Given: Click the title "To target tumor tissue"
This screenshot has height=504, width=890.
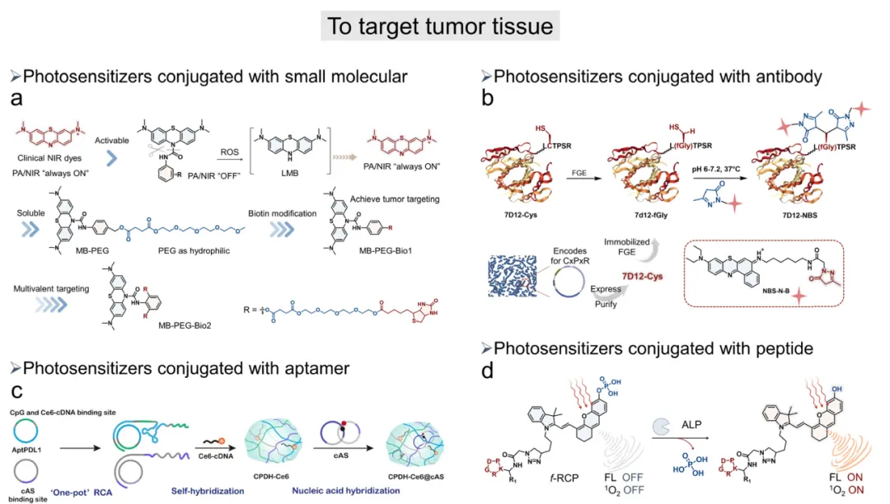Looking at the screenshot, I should [x=441, y=26].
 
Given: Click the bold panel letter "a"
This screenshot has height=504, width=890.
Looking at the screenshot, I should [x=15, y=100].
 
